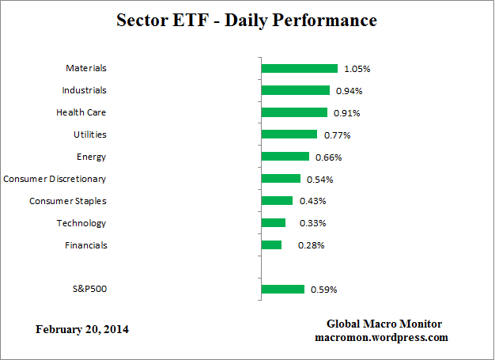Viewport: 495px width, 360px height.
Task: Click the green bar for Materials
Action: point(299,69)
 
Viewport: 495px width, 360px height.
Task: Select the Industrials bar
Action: point(295,90)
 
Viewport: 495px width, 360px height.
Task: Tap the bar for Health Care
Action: point(294,112)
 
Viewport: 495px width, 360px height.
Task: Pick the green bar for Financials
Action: point(271,245)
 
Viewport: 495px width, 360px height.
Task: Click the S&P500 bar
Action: point(282,289)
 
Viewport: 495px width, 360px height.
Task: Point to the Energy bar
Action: point(285,157)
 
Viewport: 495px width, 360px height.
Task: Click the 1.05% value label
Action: point(357,69)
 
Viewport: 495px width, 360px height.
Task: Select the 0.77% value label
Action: point(337,135)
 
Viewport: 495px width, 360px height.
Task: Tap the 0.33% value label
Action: point(312,224)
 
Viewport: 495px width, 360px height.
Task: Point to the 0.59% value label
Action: point(323,290)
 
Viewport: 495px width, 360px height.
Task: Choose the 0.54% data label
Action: point(320,180)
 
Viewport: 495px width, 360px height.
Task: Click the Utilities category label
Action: point(89,135)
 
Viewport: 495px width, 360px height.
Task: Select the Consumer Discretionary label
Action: point(55,179)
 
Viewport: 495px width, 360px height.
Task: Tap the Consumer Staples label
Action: point(68,201)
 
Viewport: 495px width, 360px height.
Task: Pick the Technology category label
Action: point(81,223)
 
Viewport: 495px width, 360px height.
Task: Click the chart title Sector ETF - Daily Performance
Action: point(247,21)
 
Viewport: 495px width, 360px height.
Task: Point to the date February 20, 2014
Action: point(82,329)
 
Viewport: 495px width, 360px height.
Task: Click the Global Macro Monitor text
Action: point(384,324)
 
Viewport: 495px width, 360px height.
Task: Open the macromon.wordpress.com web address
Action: point(381,337)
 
